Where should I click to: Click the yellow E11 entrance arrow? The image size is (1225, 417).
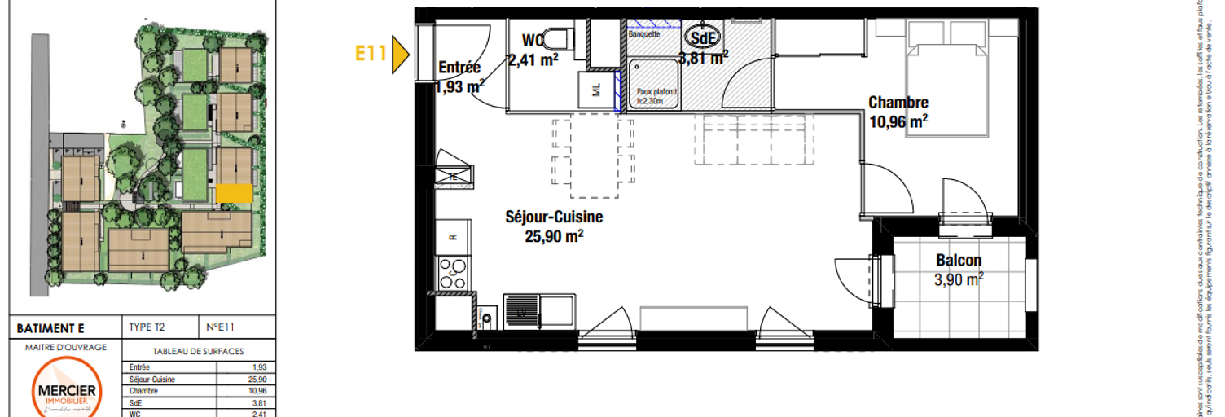tap(399, 55)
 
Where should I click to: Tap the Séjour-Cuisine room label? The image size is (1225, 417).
tap(554, 217)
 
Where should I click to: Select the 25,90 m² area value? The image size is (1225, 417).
tap(554, 236)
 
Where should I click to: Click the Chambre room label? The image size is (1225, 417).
tap(898, 103)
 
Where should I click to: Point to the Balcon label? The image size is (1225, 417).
tap(959, 261)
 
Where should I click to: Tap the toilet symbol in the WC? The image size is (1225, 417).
tap(557, 37)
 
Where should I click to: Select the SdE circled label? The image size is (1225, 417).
tap(699, 38)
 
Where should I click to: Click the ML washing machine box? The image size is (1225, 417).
tap(595, 90)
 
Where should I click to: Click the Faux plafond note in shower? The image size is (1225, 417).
tap(656, 96)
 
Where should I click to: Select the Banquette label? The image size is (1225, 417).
tap(644, 34)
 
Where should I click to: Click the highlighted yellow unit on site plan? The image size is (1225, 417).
tap(234, 192)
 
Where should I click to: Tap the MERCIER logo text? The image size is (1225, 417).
tap(68, 392)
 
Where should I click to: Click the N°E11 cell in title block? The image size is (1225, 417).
tap(222, 327)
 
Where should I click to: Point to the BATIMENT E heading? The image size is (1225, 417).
tap(50, 328)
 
